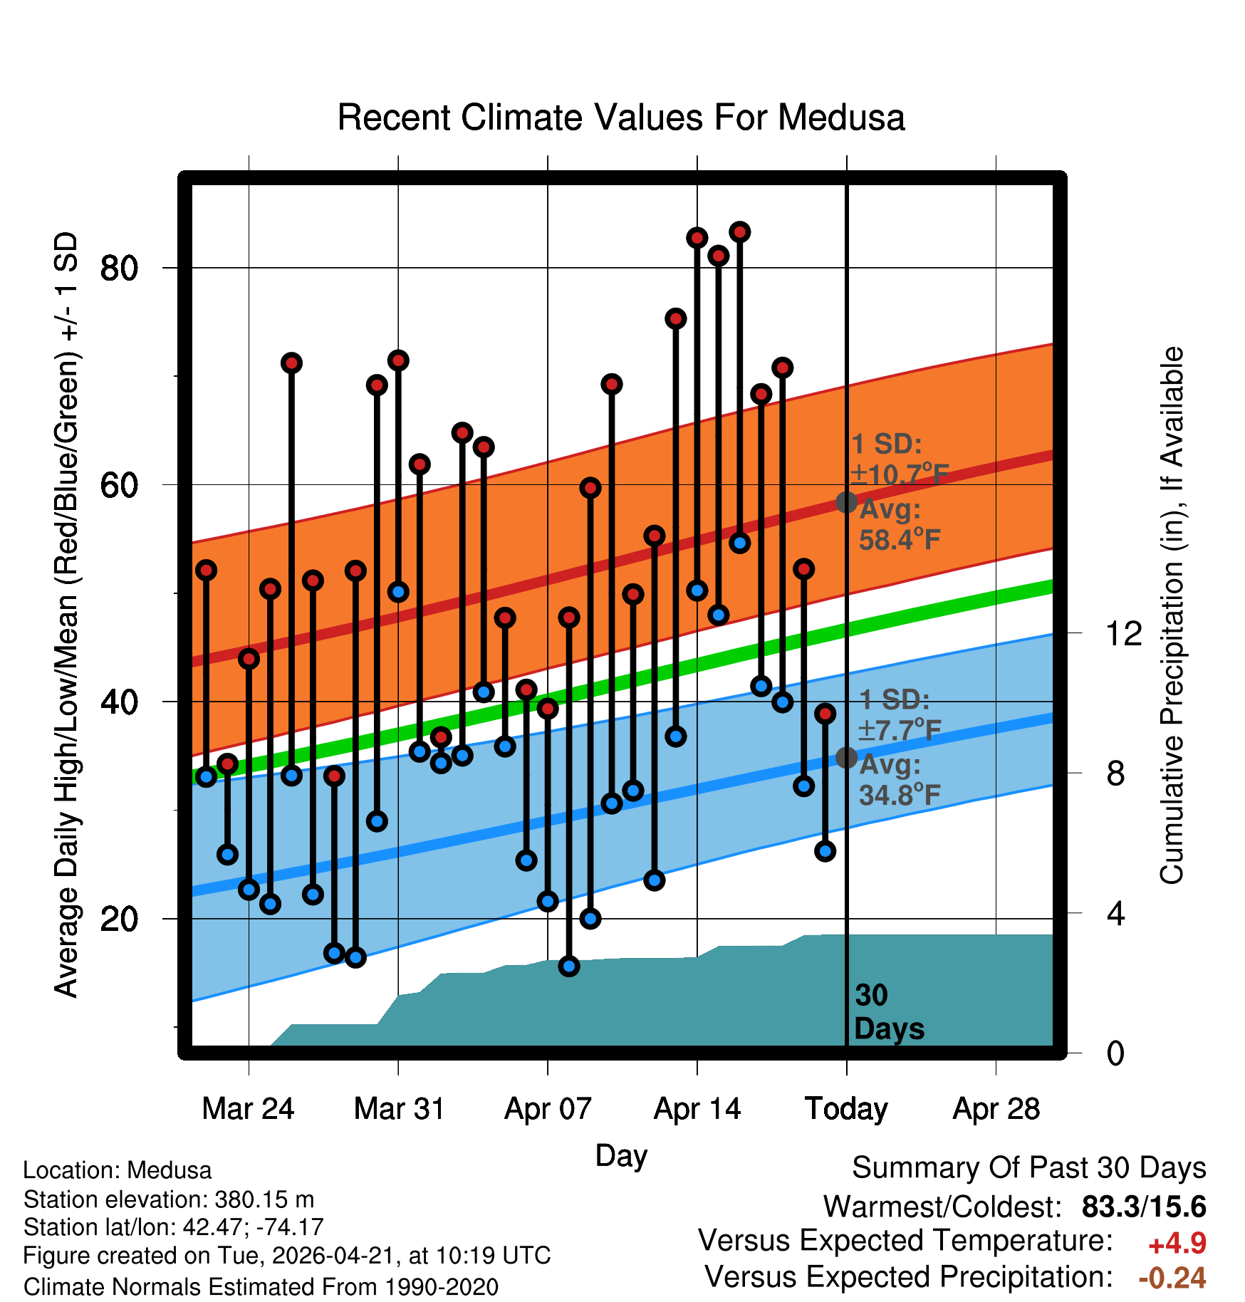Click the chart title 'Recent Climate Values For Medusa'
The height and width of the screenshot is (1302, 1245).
[621, 118]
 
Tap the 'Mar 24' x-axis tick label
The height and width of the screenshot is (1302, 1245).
[248, 1109]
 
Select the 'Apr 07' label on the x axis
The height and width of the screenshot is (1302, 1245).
[548, 1109]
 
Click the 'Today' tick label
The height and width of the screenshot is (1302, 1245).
[846, 1110]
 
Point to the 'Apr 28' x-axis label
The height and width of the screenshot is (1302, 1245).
[996, 1109]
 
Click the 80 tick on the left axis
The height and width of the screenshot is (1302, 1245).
[119, 269]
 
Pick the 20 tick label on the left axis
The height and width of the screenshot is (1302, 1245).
[119, 919]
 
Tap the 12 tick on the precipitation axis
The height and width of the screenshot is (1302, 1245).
[1123, 633]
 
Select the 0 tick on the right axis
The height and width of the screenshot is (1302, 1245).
[1115, 1053]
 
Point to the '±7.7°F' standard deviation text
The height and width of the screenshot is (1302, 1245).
[900, 729]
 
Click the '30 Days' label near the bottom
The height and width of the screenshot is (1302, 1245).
[889, 1012]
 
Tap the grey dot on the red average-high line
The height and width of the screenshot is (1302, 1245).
[846, 502]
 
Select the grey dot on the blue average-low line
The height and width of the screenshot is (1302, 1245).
[846, 757]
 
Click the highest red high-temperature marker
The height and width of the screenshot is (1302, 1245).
[739, 231]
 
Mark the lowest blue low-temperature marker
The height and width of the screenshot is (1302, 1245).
[568, 967]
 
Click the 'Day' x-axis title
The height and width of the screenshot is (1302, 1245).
[621, 1155]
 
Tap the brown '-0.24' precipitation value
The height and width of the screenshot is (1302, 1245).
[1172, 1278]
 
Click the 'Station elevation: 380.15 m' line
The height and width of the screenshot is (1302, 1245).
[169, 1199]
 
